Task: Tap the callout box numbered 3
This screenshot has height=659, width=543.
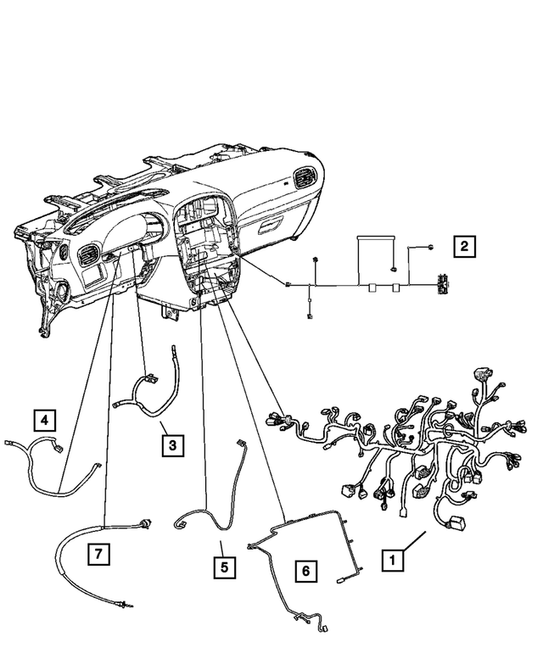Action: [x=171, y=444]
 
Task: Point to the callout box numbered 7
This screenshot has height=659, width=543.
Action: [x=99, y=555]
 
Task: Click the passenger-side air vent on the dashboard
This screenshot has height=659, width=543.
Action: [x=302, y=181]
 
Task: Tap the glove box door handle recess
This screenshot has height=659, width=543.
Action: [x=272, y=225]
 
